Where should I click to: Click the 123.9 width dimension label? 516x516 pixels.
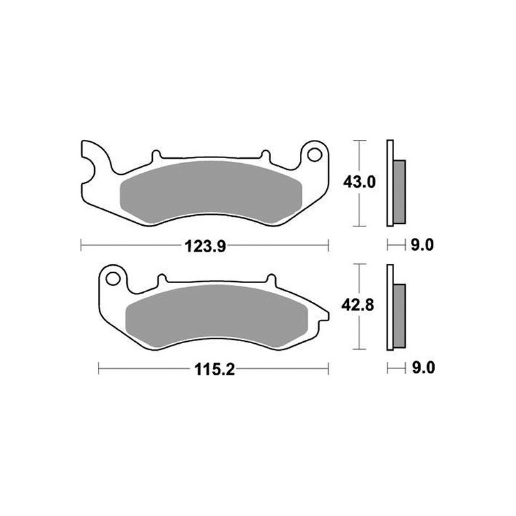pos(205,246)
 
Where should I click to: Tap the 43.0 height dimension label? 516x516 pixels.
pos(359,182)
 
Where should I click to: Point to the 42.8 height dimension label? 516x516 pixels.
pos(357,305)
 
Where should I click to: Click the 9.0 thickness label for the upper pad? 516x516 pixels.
pos(422,245)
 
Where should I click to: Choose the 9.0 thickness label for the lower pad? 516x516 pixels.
pos(424,368)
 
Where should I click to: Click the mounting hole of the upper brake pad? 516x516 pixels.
pos(315,155)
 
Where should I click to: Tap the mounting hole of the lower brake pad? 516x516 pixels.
pos(113,279)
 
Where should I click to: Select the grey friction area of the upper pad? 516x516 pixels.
pos(212,191)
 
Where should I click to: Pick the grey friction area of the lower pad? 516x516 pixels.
pos(216,315)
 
